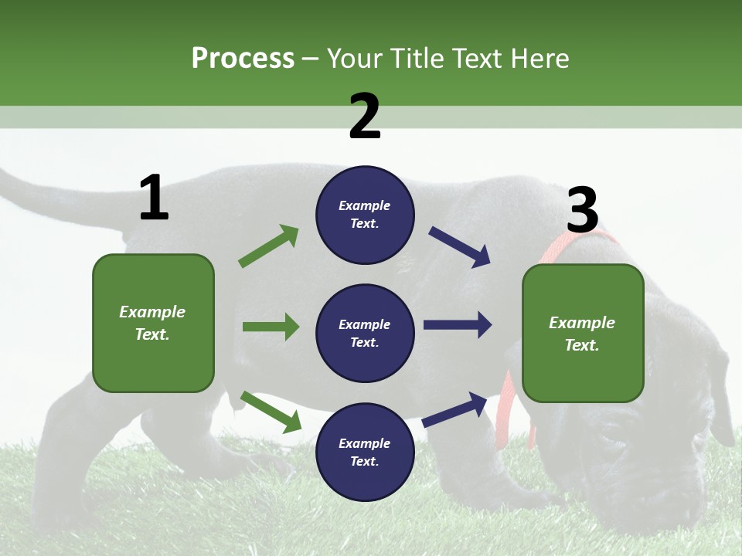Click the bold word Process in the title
click(x=243, y=58)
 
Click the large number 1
click(x=154, y=198)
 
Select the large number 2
click(x=365, y=117)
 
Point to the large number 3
click(x=582, y=210)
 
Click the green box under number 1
click(x=153, y=323)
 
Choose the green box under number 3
click(x=583, y=333)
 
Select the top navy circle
click(x=365, y=215)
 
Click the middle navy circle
click(x=365, y=333)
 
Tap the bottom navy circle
click(x=365, y=452)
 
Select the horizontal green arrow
click(x=271, y=327)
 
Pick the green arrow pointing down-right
click(x=271, y=412)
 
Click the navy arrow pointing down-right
click(x=460, y=247)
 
